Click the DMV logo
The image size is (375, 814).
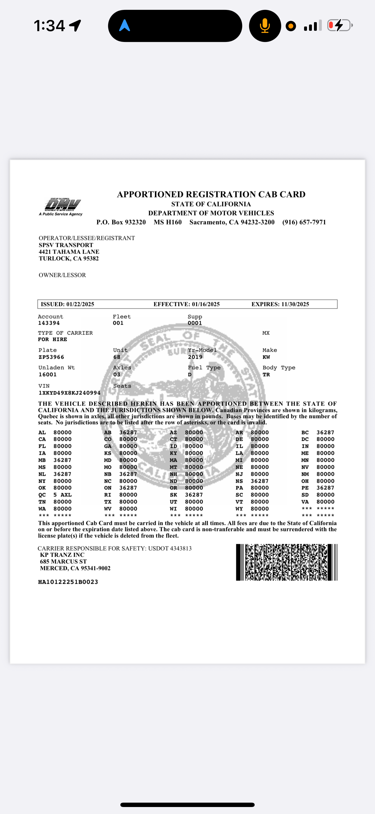point(62,206)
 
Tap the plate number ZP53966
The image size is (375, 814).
point(51,357)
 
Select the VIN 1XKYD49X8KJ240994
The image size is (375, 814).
point(69,393)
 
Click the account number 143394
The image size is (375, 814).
point(49,323)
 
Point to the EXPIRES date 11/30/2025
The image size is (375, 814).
point(295,304)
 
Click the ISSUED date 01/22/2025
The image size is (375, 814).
point(80,304)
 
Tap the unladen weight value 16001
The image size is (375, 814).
point(48,374)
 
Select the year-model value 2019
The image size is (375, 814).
point(195,357)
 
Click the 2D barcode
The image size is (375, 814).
point(286,562)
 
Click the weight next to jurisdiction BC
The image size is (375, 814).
point(325,432)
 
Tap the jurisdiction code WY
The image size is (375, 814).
point(239,509)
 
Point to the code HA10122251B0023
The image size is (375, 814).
point(68,582)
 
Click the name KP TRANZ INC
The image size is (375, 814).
point(62,555)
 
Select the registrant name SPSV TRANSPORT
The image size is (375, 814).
point(66,245)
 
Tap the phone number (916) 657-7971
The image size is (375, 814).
point(304,222)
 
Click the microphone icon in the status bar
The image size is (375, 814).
point(265,26)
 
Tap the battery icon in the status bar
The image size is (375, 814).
point(339,25)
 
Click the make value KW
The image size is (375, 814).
point(266,357)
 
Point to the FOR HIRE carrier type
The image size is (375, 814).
point(52,339)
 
